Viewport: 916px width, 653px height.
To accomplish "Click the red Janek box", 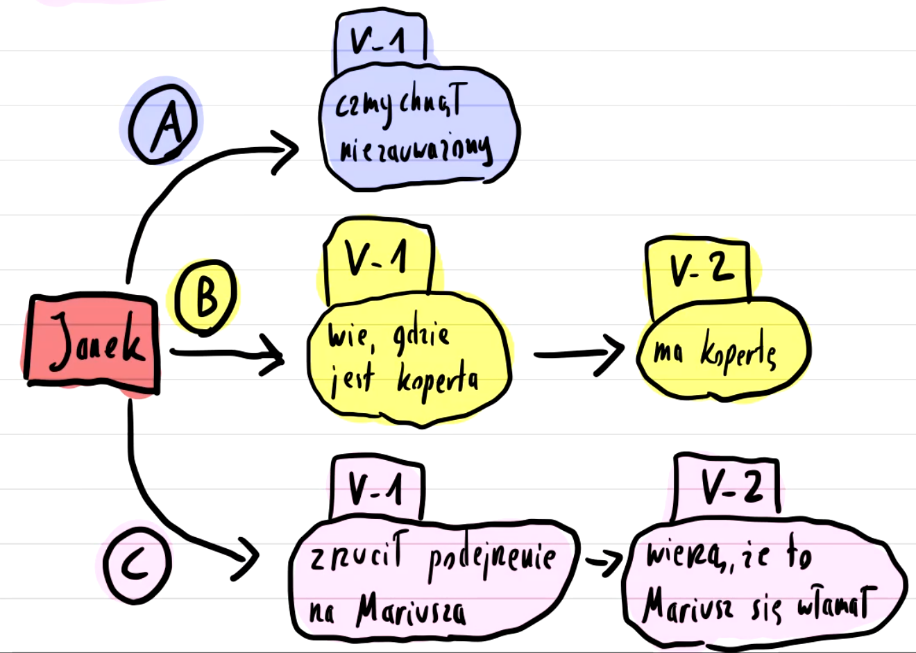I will (92, 342).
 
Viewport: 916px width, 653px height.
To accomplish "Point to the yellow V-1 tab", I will (379, 260).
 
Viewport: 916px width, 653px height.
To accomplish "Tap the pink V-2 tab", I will (727, 486).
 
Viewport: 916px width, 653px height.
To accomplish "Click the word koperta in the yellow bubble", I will (437, 381).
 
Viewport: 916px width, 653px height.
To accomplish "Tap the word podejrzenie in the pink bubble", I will (492, 559).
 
